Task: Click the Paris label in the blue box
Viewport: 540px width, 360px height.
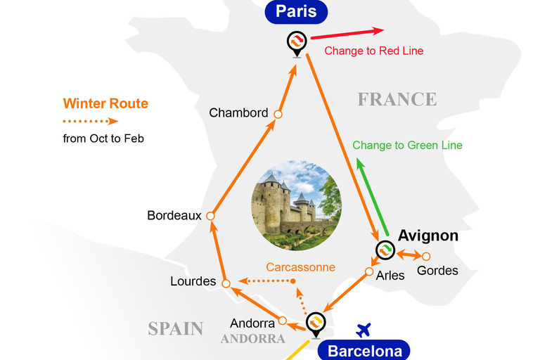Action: [296, 11]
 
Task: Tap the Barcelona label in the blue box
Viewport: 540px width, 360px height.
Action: [359, 351]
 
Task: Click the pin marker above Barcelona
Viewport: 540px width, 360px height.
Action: [316, 322]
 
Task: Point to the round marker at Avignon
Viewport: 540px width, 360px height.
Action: [385, 250]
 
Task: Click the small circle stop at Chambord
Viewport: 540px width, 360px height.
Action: [278, 114]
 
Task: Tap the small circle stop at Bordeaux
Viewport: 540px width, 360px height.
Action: [210, 217]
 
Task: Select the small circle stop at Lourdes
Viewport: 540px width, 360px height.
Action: [226, 283]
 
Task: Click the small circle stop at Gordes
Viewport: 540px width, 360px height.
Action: [426, 256]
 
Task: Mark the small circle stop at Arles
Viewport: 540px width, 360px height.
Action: [369, 271]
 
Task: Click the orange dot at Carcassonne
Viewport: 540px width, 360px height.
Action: [294, 281]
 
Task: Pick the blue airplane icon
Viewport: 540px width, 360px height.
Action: [364, 329]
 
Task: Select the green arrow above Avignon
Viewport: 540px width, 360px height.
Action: [373, 196]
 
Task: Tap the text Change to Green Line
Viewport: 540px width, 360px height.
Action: [407, 146]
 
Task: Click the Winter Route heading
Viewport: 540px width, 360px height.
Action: [105, 103]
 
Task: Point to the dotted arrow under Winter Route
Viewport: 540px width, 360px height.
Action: [91, 121]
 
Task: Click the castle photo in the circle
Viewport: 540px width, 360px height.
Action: [296, 205]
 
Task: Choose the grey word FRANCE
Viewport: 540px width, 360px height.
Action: [397, 99]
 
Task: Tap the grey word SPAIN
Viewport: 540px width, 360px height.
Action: [175, 328]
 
